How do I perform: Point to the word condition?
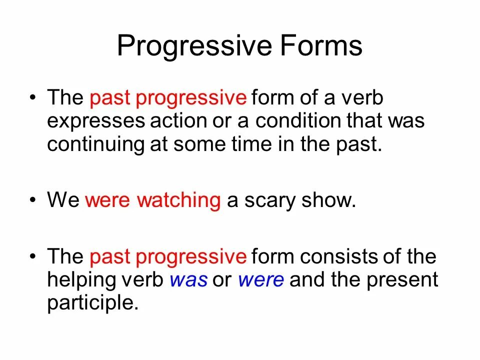pos(296,121)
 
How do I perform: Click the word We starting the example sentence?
pos(63,200)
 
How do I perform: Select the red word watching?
pos(179,200)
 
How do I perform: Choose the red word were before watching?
pos(108,200)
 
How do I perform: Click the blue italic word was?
pos(188,280)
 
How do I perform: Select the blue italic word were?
pos(261,280)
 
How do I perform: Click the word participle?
pos(92,303)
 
